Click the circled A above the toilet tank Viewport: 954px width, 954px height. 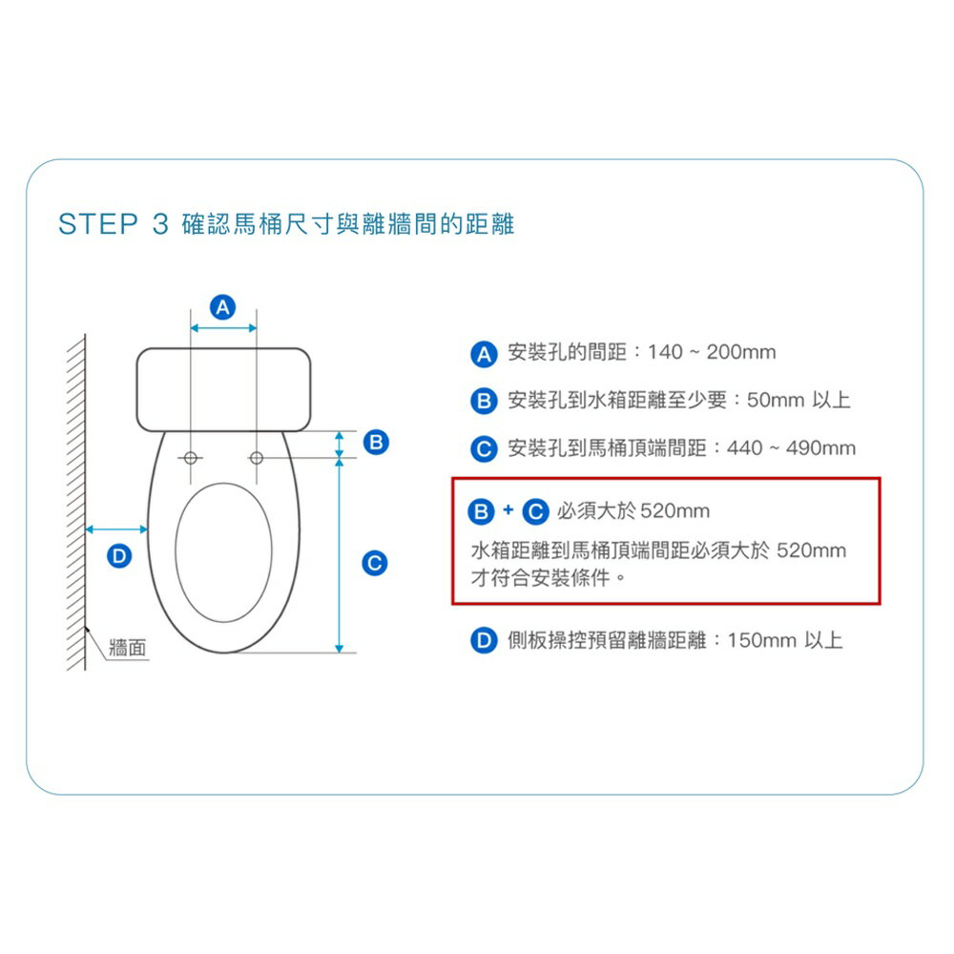click(223, 307)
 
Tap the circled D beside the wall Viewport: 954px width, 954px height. click(117, 554)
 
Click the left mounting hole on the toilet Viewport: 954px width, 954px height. click(192, 459)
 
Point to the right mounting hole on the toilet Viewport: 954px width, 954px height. click(257, 459)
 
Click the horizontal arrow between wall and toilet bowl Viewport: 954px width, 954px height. click(116, 529)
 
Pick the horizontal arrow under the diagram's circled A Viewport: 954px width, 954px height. click(223, 328)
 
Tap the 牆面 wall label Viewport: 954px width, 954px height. click(128, 649)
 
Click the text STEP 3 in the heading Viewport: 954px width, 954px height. click(113, 225)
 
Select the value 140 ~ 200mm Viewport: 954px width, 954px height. click(712, 353)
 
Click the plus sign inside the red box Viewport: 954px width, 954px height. click(508, 510)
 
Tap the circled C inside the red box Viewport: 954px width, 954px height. click(536, 511)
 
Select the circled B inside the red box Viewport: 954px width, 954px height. click(482, 511)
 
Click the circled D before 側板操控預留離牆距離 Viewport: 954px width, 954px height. click(484, 640)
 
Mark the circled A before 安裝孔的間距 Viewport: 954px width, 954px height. click(484, 353)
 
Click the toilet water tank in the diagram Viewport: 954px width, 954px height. click(223, 389)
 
